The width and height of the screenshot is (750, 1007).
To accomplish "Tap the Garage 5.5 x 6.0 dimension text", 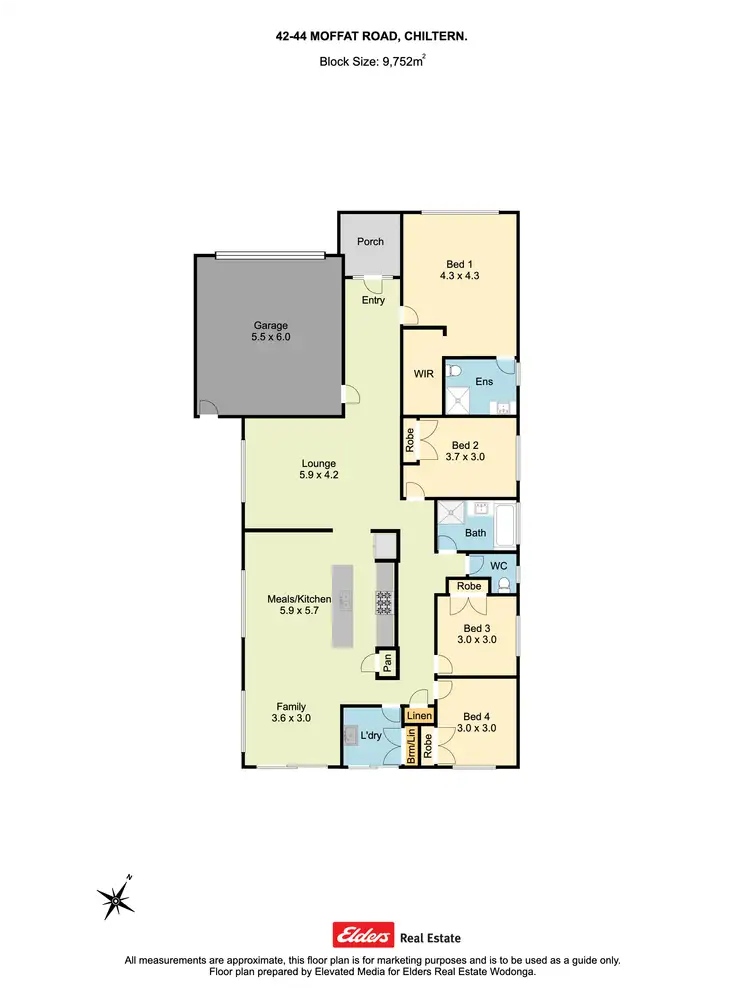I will click(270, 338).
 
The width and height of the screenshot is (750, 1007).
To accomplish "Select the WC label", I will click(499, 566).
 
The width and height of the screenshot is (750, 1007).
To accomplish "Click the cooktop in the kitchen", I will click(385, 602).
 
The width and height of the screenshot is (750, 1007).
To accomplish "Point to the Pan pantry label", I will click(385, 661).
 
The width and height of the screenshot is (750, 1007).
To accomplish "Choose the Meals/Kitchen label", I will click(299, 599).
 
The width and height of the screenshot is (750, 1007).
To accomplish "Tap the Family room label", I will click(291, 706).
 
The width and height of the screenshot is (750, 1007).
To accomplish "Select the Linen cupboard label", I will click(419, 716).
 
